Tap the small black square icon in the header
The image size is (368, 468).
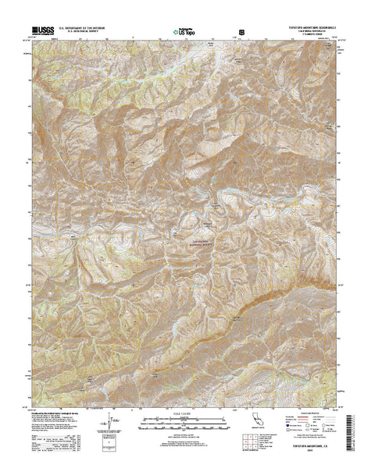click(x=241, y=32)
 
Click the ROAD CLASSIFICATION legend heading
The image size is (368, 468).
click(x=308, y=413)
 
